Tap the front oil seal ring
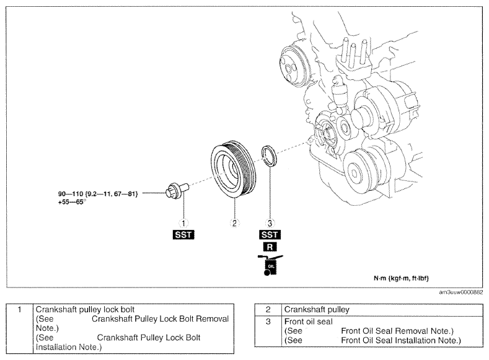click(x=268, y=156)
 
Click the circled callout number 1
click(x=183, y=223)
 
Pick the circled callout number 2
click(x=234, y=223)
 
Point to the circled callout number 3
click(x=270, y=223)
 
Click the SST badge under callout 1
click(x=183, y=235)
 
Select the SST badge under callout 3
click(x=270, y=235)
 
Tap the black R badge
click(x=270, y=247)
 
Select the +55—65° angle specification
click(x=72, y=202)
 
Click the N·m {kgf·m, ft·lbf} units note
click(x=402, y=278)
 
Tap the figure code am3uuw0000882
click(x=461, y=292)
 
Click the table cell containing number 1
click(x=20, y=328)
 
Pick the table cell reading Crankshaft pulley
click(x=382, y=310)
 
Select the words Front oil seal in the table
click(x=309, y=322)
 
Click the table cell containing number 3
click(x=268, y=331)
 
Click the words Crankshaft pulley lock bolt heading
click(x=85, y=310)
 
